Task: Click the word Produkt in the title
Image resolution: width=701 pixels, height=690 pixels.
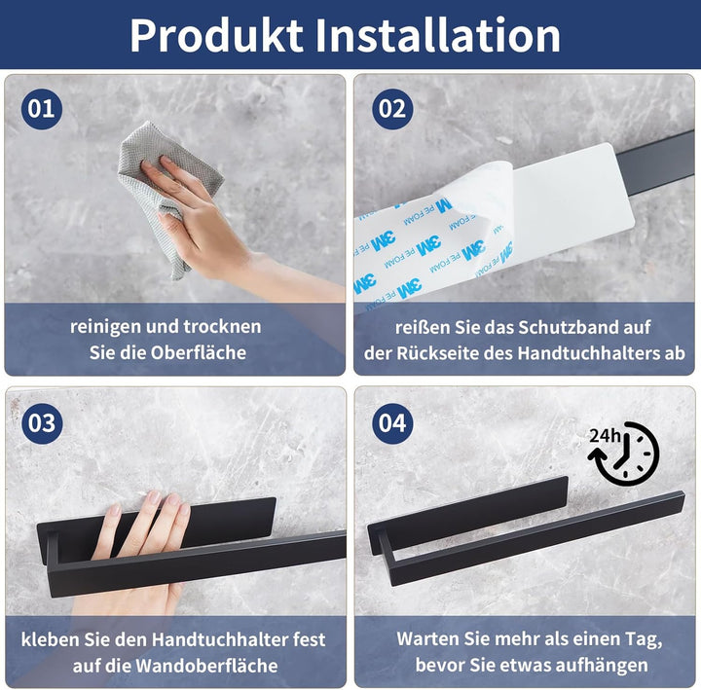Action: [216, 35]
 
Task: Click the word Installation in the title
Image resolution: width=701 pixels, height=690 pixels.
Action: [438, 35]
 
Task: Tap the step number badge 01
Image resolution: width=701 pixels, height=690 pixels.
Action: [42, 109]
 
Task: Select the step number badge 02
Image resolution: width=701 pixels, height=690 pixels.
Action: [392, 109]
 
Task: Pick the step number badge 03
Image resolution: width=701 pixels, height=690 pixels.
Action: [42, 423]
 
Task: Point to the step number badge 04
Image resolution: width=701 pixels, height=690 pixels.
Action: [392, 423]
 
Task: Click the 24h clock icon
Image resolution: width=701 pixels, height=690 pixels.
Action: [624, 454]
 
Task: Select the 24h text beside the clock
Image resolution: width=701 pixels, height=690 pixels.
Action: [605, 435]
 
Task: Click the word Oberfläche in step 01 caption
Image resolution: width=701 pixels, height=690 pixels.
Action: [198, 352]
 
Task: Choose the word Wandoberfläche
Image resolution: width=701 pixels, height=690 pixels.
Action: [206, 666]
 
